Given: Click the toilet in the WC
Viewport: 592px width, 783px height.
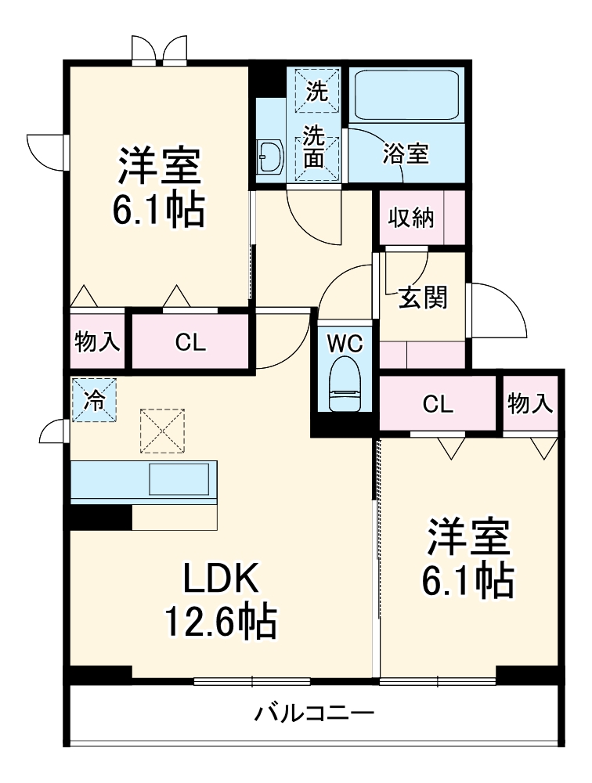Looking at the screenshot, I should (x=345, y=384).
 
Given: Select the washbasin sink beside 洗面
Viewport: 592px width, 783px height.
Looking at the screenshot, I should (x=271, y=157).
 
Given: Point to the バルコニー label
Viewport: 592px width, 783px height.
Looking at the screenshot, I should (x=314, y=713).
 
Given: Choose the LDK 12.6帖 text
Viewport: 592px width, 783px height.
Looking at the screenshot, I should (x=219, y=599).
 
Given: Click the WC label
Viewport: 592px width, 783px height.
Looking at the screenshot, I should (x=345, y=342).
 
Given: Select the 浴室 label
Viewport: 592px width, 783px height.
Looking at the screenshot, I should (x=406, y=154).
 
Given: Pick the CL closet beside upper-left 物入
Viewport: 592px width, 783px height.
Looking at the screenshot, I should (x=190, y=341).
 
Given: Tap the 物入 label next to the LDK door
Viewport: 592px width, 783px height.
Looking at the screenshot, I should (x=97, y=341).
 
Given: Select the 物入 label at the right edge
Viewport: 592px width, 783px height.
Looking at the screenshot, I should (x=530, y=404).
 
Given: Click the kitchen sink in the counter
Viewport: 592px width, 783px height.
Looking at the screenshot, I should (x=179, y=478).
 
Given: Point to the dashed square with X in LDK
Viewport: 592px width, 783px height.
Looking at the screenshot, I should (x=162, y=430).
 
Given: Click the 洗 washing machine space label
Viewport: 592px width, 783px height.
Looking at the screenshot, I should (x=316, y=92).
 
